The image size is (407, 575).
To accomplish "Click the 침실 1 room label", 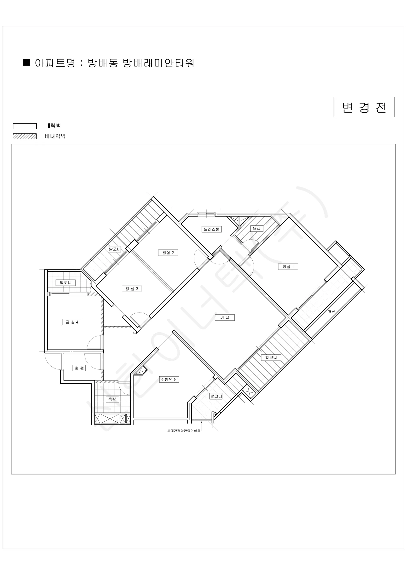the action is [288, 267].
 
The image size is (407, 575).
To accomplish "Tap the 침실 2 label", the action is [168, 253].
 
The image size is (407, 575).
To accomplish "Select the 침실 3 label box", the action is [132, 289].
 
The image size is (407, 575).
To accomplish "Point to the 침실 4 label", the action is [72, 322].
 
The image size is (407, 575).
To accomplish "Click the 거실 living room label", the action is [225, 317].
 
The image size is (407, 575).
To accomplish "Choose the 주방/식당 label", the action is [169, 379].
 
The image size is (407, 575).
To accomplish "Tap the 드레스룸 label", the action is [211, 229].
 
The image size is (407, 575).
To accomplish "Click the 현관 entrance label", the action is [79, 368].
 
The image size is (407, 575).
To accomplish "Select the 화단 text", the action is [331, 311].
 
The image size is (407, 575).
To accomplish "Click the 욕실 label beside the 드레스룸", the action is [257, 228].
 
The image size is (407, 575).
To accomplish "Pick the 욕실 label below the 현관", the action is [112, 399].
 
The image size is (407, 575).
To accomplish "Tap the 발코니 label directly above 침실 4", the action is [66, 283].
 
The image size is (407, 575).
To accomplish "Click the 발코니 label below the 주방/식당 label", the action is [216, 396].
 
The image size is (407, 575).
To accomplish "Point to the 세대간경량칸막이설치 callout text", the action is [184, 431].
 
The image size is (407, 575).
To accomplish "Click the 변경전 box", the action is [364, 107].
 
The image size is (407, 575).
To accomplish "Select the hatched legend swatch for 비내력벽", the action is [24, 136].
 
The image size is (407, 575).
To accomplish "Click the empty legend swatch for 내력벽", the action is [24, 126].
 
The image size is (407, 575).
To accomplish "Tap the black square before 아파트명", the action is [27, 62].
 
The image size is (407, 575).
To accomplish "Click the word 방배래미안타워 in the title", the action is [159, 63].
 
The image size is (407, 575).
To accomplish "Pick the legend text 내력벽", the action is [53, 126].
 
